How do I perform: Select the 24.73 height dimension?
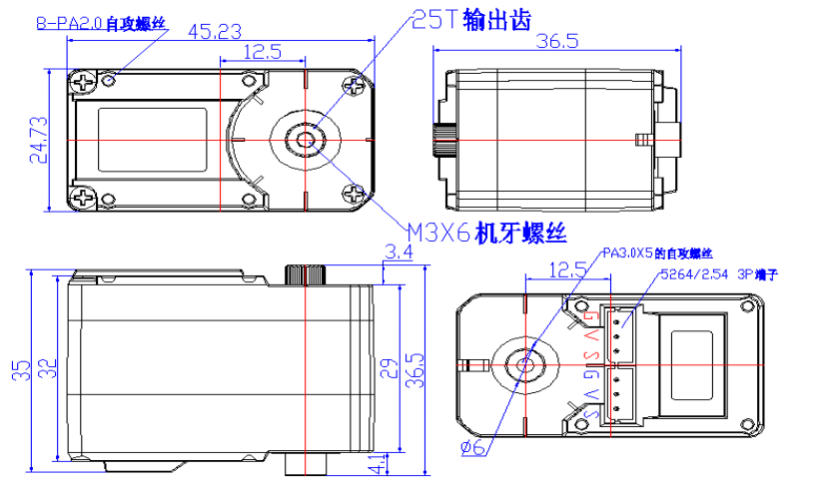38,139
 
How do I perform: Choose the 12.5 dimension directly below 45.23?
261,52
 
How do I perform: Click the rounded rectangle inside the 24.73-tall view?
153,139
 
